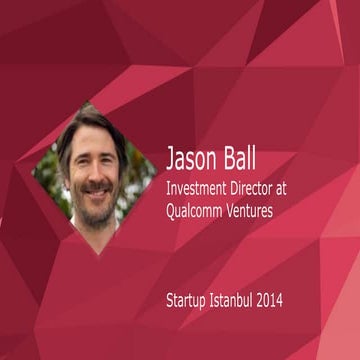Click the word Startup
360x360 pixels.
click(190, 299)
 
